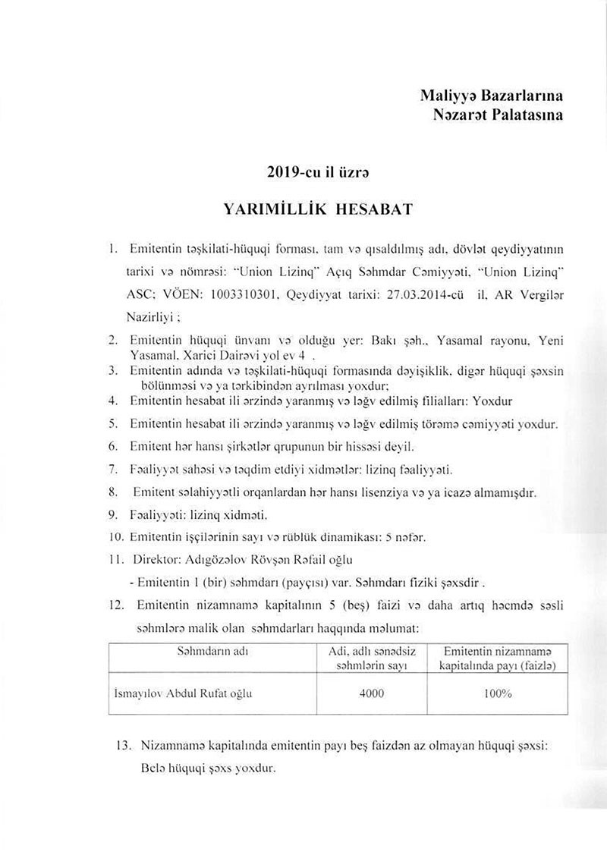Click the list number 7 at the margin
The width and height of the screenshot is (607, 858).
112,469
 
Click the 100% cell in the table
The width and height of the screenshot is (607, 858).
497,693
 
